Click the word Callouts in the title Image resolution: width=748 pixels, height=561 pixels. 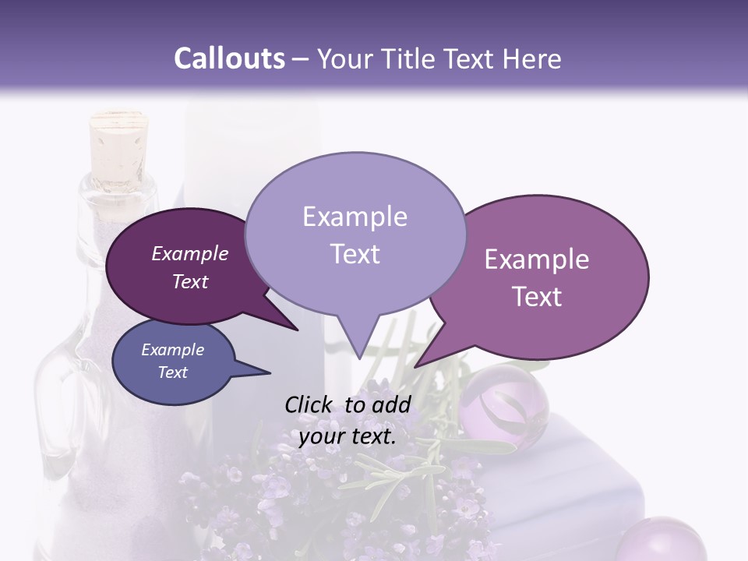click(x=229, y=59)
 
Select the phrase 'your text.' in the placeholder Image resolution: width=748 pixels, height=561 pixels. click(x=348, y=437)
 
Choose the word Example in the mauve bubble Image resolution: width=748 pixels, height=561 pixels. click(x=537, y=259)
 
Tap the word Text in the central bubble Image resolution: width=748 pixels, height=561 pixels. click(x=355, y=254)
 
